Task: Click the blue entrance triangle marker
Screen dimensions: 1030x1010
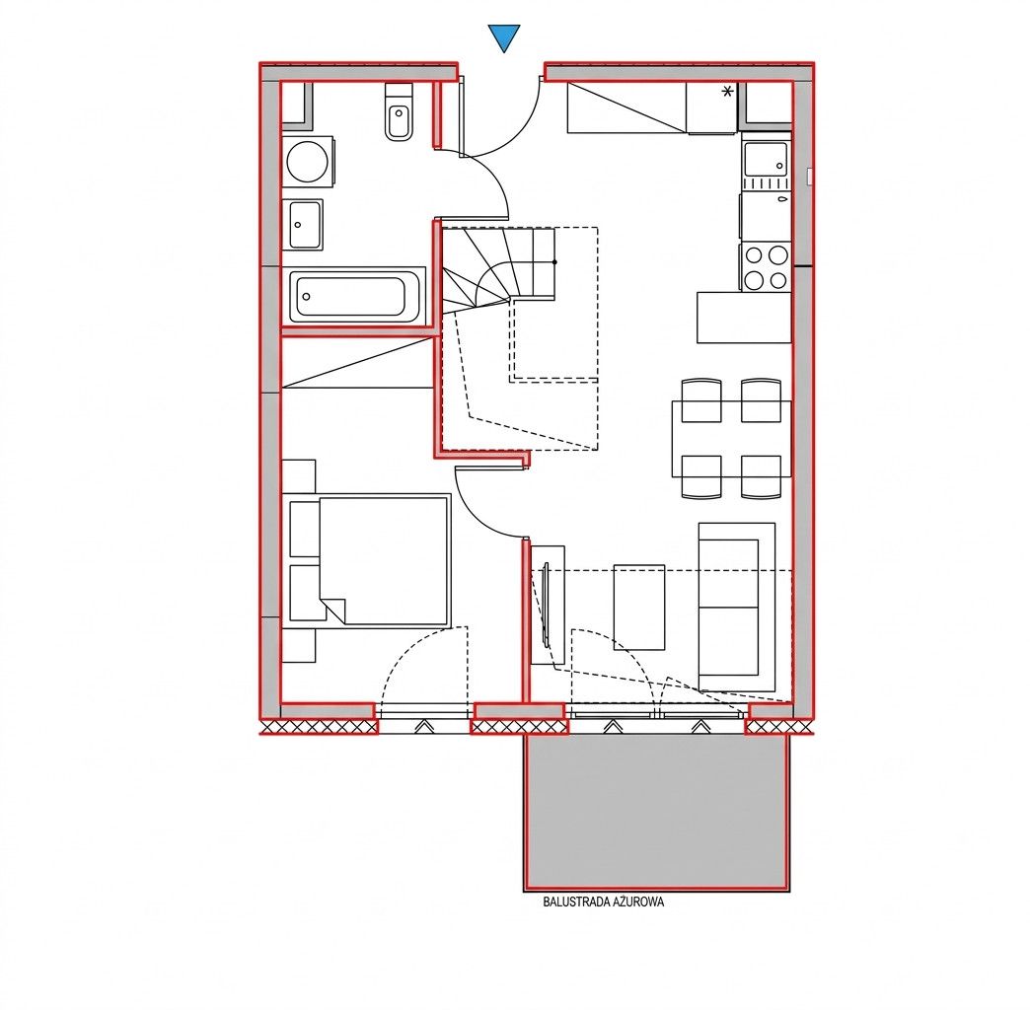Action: click(x=504, y=36)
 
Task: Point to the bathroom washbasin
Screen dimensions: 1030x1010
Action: click(x=303, y=225)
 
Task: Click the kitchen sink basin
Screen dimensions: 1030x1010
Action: click(x=765, y=160)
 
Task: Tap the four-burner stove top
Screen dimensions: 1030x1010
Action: click(x=766, y=266)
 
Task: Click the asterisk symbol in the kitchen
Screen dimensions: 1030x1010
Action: click(x=727, y=92)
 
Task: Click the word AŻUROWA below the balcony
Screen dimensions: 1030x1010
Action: click(x=638, y=902)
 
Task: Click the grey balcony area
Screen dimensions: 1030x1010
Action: click(x=657, y=812)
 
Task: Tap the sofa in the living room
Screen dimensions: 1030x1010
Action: click(x=737, y=608)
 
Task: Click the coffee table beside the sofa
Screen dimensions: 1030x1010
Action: click(x=639, y=607)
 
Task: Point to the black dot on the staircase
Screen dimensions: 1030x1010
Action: click(x=555, y=262)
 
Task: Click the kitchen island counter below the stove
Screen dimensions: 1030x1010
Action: click(x=744, y=318)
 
